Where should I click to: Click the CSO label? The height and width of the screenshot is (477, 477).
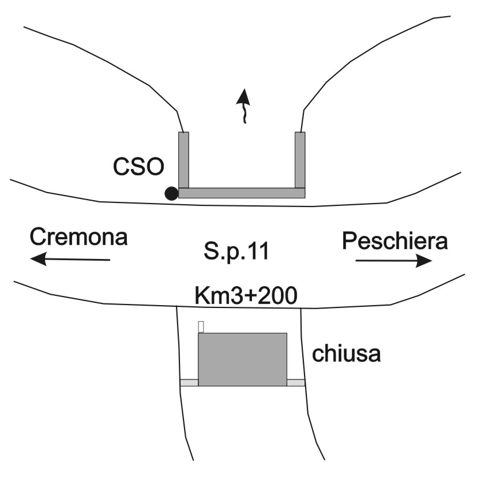pyautogui.click(x=138, y=167)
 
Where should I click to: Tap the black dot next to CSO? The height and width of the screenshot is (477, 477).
pyautogui.click(x=171, y=193)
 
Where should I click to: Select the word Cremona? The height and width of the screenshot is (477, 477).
pyautogui.click(x=79, y=237)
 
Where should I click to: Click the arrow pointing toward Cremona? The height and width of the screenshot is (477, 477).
pyautogui.click(x=70, y=259)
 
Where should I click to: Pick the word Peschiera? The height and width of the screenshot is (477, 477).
pyautogui.click(x=395, y=241)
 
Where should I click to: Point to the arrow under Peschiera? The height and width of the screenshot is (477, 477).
pyautogui.click(x=394, y=261)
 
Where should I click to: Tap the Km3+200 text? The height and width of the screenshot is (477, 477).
pyautogui.click(x=246, y=296)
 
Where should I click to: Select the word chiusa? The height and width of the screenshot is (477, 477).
pyautogui.click(x=347, y=353)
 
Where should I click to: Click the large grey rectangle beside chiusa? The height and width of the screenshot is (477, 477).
pyautogui.click(x=242, y=359)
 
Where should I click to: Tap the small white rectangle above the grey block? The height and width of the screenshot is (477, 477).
pyautogui.click(x=201, y=327)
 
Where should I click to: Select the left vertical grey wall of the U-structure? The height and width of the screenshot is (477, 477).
pyautogui.click(x=184, y=160)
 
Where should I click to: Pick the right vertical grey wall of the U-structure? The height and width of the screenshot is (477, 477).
pyautogui.click(x=300, y=160)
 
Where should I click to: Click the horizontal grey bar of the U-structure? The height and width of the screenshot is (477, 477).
pyautogui.click(x=242, y=193)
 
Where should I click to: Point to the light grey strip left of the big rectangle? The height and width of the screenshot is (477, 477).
pyautogui.click(x=189, y=382)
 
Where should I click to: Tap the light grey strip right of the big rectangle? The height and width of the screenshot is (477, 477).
pyautogui.click(x=296, y=382)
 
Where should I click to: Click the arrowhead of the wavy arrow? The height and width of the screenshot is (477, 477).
pyautogui.click(x=243, y=97)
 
